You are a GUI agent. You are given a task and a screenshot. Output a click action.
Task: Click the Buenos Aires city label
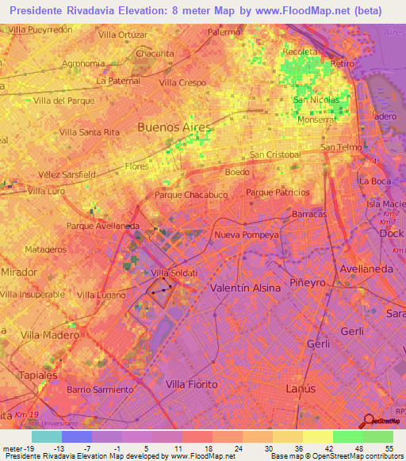174,127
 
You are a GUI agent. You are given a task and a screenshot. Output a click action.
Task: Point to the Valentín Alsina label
245,288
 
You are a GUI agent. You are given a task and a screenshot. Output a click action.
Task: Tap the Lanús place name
300,389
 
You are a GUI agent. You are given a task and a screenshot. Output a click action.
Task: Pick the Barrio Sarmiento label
100,390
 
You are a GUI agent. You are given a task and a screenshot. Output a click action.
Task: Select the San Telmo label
342,148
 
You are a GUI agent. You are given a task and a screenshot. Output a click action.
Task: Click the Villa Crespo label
182,82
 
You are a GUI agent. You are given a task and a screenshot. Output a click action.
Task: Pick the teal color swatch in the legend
46,436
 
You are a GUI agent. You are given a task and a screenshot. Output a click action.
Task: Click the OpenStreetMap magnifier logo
369,421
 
